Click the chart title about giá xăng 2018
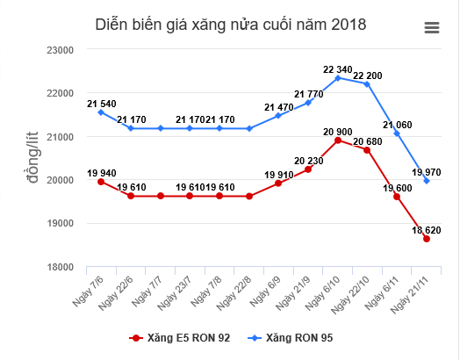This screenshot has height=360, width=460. [x=230, y=25]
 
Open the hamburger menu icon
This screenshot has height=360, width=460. [x=431, y=27]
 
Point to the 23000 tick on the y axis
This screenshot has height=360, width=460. [x=58, y=50]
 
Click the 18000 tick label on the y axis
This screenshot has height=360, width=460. [x=58, y=267]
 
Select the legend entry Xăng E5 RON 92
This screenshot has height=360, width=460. [x=181, y=337]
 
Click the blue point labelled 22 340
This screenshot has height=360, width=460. [x=338, y=78]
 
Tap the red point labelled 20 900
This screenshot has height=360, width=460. [x=338, y=140]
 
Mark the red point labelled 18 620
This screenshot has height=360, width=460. [x=427, y=239]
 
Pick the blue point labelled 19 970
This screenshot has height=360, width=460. [x=427, y=181]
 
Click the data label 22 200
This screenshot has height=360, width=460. [x=369, y=76]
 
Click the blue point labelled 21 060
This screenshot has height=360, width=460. [x=397, y=133]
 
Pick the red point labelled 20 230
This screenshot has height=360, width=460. [x=308, y=169]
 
